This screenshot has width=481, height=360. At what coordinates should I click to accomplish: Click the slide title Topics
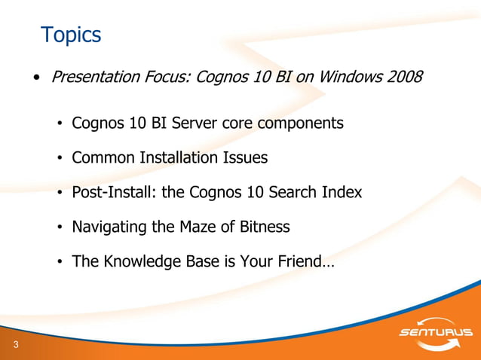click(x=71, y=35)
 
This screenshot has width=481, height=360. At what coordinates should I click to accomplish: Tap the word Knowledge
click(x=138, y=262)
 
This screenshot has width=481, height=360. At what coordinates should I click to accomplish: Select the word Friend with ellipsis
click(x=306, y=262)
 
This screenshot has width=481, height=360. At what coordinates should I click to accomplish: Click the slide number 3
click(x=15, y=345)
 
